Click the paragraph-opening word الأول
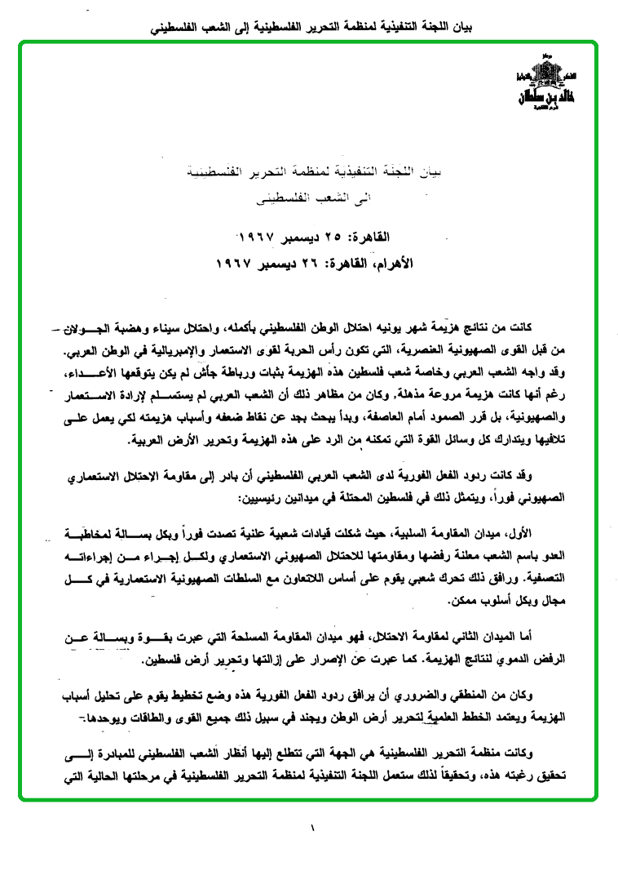(x=518, y=532)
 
